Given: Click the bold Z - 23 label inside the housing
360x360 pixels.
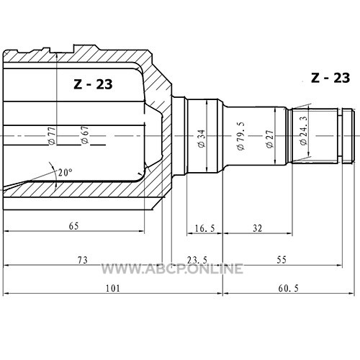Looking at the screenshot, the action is click(93, 84).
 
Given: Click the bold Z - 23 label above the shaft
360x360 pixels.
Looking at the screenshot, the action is click(330, 78).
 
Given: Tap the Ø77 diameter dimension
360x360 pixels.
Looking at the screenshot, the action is click(52, 135).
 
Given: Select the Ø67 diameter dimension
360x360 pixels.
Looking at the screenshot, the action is click(85, 135).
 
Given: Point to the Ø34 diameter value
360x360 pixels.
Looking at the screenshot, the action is click(202, 138).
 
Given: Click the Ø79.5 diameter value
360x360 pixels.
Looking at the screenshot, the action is click(240, 136).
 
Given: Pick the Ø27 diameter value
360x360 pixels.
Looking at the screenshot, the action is click(270, 139).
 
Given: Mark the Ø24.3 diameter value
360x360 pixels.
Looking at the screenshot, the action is click(304, 131).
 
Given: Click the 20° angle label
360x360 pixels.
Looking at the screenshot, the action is click(65, 172).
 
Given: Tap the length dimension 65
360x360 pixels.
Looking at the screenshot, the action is click(73, 226).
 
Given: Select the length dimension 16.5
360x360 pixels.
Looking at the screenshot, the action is click(204, 228).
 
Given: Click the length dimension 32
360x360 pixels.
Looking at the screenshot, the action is click(257, 228).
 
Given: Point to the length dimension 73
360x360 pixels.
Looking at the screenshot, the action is click(83, 260).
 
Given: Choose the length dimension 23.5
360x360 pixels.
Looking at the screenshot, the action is click(197, 260).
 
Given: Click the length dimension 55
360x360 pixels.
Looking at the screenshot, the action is click(282, 259).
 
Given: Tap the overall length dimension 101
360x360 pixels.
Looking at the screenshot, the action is click(113, 288).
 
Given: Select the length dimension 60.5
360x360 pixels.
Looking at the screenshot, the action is click(289, 288).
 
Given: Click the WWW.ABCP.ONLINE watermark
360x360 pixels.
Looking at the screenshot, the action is click(172, 269).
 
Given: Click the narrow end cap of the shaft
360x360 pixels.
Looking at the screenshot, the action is click(348, 136).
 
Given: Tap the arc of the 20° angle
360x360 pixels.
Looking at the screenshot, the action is click(55, 176).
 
